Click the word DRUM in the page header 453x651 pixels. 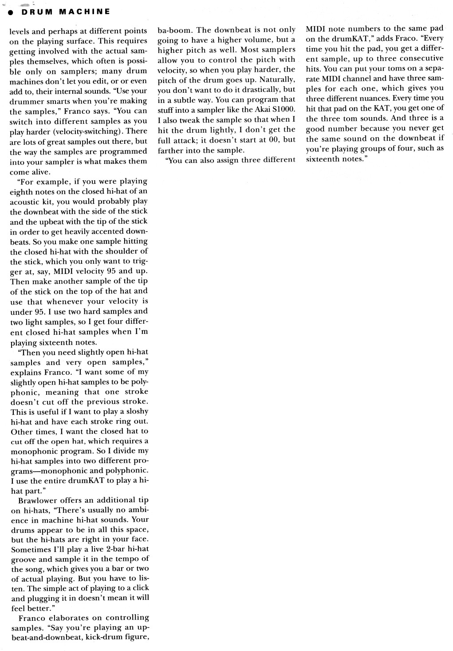coord(35,12)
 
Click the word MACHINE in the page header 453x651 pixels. coord(84,12)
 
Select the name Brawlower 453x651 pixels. coord(39,500)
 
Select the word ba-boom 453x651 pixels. coord(175,30)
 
